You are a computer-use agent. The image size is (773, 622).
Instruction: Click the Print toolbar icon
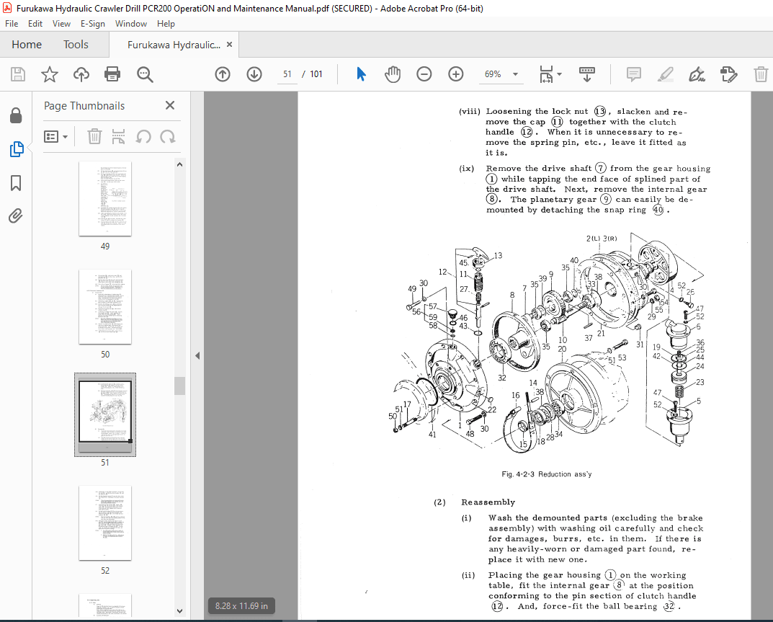112,74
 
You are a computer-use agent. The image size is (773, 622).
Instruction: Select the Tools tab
76,45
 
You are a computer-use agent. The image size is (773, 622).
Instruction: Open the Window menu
131,23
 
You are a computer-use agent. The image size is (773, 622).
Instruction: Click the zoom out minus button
424,74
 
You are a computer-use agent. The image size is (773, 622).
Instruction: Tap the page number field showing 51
287,74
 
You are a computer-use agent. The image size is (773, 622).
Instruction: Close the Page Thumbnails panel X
170,105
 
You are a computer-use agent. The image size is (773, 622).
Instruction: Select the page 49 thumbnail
105,198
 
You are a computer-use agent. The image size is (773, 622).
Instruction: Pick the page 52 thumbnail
105,523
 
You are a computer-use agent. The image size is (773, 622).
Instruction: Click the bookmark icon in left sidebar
16,184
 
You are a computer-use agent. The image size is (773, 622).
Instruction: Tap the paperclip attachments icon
16,216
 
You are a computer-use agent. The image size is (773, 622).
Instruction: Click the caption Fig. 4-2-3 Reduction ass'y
546,474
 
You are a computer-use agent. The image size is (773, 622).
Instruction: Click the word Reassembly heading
488,502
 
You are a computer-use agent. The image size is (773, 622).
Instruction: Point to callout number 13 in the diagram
498,255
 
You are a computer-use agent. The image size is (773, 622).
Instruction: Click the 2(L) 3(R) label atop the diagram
601,239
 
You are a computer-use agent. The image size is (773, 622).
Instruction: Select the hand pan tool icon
393,74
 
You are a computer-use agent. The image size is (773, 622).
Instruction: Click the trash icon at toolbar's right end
761,74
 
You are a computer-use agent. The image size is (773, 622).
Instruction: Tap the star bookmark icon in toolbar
50,74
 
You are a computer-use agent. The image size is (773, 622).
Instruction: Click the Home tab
27,45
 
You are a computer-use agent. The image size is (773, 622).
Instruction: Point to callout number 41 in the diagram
432,435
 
